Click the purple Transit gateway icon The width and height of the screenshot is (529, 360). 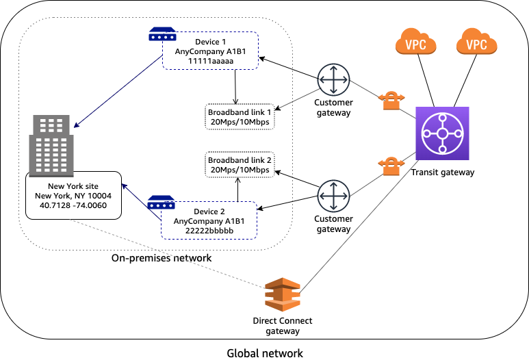442,133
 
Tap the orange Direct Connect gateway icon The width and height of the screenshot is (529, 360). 283,296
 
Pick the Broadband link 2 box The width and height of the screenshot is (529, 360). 240,164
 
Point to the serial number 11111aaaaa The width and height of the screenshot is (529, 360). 211,61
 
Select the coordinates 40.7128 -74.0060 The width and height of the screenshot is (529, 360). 73,205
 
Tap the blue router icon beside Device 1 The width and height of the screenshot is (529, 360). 162,34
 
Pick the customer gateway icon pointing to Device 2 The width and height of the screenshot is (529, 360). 333,196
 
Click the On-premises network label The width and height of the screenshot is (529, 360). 162,259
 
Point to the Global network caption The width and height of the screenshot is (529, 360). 264,352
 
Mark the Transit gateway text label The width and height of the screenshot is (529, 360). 442,172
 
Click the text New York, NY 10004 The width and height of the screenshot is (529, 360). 73,196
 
